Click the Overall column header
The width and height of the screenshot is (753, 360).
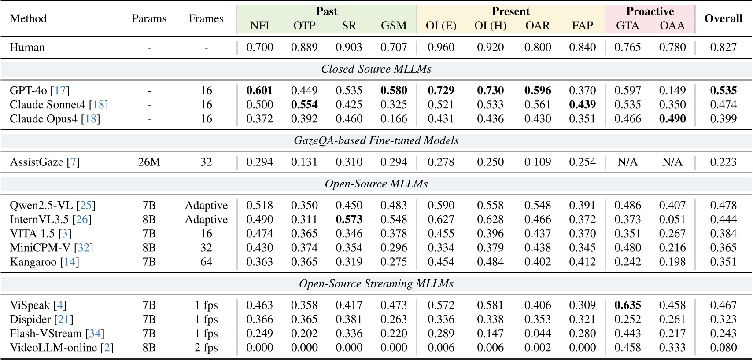click(723, 18)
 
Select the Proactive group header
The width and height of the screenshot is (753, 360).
click(650, 11)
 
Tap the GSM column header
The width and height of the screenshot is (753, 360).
click(394, 26)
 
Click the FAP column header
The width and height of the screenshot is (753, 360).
click(582, 26)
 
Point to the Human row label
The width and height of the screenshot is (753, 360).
click(27, 47)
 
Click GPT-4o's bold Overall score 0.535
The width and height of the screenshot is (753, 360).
click(723, 90)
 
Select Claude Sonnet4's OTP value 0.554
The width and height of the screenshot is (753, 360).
click(304, 104)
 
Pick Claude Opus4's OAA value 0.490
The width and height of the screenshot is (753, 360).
click(672, 118)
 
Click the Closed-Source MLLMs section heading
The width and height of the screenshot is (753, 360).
click(376, 69)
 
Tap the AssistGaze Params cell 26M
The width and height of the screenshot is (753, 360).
click(149, 162)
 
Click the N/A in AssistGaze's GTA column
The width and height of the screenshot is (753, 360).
click(627, 162)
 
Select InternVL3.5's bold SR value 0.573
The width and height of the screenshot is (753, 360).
click(349, 219)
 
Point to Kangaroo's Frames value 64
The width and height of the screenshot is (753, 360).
click(206, 262)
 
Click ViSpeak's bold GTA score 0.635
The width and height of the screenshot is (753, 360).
click(627, 305)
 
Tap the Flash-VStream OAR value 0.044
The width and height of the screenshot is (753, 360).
click(537, 334)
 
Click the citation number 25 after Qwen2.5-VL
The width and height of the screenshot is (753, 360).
click(85, 205)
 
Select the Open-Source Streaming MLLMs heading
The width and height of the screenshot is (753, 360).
click(376, 284)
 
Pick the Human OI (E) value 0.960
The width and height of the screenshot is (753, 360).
click(441, 47)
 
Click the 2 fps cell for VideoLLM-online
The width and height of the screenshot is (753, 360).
click(206, 348)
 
